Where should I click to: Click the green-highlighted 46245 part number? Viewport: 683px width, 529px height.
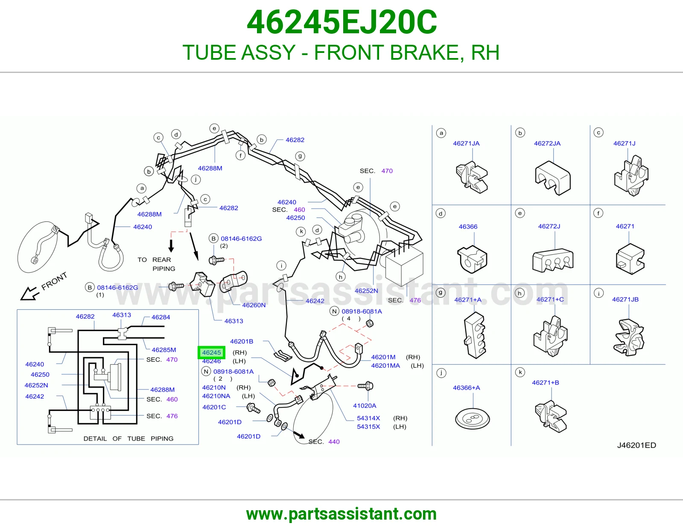pos(211,352)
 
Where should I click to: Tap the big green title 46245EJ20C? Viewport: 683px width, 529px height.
pos(341,22)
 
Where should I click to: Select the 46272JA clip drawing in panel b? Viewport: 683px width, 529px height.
pos(552,178)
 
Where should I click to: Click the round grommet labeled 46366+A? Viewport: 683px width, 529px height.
pos(473,419)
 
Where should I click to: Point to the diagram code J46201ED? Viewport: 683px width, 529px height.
pos(636,445)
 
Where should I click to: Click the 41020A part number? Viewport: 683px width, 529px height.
pos(365,406)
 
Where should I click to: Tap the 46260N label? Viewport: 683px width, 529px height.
pos(254,305)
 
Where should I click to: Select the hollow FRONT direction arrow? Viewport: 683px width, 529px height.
pos(30,294)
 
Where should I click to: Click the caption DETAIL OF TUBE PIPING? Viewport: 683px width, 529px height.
pos(128,439)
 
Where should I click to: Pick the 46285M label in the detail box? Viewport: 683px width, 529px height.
pos(164,350)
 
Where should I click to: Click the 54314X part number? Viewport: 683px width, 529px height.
pos(368,418)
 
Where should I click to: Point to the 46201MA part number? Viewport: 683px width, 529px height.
pos(385,366)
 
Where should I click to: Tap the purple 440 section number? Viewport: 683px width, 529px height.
pos(334,442)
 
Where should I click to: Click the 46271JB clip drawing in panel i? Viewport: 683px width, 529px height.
pos(629,338)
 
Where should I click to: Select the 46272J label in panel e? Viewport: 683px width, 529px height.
pos(549,226)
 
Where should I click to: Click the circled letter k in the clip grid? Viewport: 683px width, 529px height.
pos(520,372)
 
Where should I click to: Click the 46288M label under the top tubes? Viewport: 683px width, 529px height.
pos(210,168)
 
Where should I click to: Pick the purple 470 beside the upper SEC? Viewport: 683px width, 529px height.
pos(387,171)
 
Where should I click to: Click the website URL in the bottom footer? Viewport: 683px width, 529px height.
pos(341,514)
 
